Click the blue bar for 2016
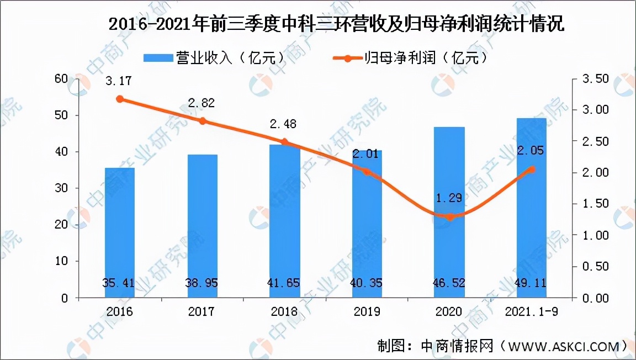pos(119,232)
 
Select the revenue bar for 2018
pos(285,221)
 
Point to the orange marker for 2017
pos(202,121)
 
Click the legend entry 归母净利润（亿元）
pos(412,57)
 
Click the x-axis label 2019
pos(367,312)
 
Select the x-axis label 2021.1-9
pos(531,312)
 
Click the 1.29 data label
pos(449,197)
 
